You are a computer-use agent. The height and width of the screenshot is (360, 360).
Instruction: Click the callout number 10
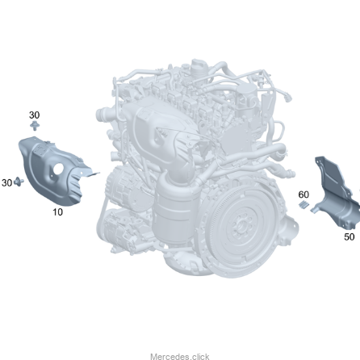(57, 212)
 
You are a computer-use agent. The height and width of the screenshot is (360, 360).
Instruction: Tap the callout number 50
(350, 237)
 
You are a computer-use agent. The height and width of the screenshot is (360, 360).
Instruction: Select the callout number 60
(303, 195)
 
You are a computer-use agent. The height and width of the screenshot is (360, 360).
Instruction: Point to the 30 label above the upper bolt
(34, 115)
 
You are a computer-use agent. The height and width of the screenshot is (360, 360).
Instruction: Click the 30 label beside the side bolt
(6, 183)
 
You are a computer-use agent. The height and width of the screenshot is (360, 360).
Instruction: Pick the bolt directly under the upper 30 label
(35, 126)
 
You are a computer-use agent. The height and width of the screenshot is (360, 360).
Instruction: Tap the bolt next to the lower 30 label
(19, 182)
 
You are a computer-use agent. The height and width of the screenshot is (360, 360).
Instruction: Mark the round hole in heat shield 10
(58, 169)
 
